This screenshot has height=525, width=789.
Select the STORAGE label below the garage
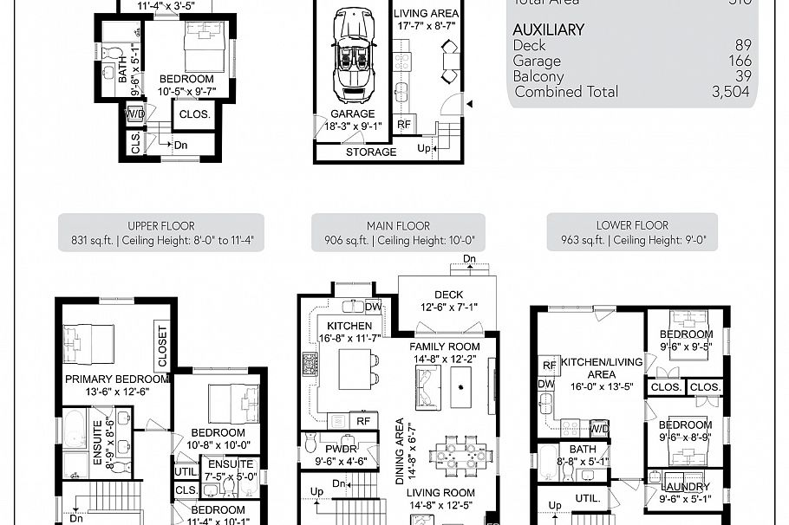tap(371, 152)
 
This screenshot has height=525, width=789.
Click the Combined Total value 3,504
tap(730, 92)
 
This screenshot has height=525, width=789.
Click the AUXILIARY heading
tap(548, 29)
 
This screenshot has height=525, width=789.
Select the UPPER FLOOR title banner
tap(161, 233)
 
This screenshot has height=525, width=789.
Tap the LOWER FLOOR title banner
tap(632, 233)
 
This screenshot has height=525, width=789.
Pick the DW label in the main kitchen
tap(373, 307)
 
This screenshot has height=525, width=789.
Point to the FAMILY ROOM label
tap(444, 347)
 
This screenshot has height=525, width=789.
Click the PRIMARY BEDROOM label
tap(116, 379)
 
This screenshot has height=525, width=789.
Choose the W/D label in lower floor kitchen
tap(599, 429)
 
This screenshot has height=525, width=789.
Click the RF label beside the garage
tap(403, 125)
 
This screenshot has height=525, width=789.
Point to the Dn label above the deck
tap(469, 259)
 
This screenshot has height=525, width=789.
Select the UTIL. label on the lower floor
tap(587, 498)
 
